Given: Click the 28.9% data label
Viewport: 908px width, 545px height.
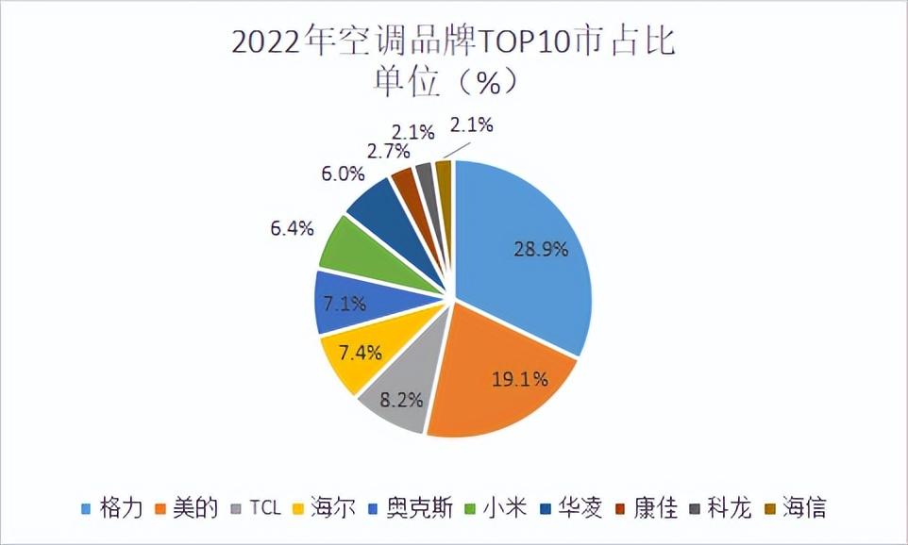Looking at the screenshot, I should pyautogui.click(x=541, y=250).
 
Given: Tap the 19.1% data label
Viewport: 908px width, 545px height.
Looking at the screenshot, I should pyautogui.click(x=519, y=381).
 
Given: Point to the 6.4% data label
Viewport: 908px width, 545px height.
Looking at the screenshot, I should pyautogui.click(x=290, y=228).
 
